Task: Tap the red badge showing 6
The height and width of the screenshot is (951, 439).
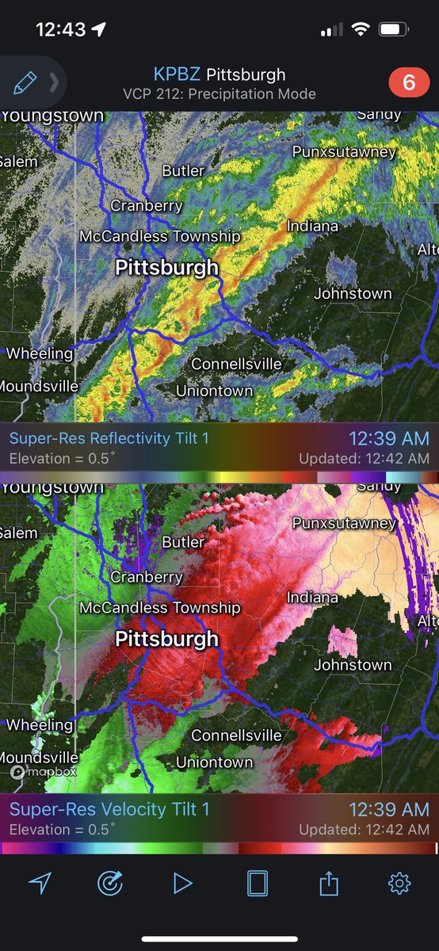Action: point(410,83)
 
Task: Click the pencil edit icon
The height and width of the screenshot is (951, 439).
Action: point(25,82)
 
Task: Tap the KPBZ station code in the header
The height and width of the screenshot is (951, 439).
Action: point(178,75)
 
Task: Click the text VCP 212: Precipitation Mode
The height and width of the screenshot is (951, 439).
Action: point(219,94)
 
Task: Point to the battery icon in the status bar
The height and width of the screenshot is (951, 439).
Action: point(393,29)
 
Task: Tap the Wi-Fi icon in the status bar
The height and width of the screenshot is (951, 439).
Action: point(361,29)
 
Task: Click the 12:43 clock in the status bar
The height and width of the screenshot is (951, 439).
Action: point(61,29)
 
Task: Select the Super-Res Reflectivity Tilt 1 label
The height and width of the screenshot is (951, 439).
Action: point(109,438)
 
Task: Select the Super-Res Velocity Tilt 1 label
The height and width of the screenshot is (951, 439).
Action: point(109,809)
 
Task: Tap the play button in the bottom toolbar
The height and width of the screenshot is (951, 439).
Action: point(183,883)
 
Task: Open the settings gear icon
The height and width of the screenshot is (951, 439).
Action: point(399,883)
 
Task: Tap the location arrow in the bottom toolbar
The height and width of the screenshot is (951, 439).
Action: point(39,883)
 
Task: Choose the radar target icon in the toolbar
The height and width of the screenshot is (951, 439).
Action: point(111,883)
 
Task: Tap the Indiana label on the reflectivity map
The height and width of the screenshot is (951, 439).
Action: point(312,226)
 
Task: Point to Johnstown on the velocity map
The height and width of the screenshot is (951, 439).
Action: point(353,665)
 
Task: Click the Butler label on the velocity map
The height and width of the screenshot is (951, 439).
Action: point(183,542)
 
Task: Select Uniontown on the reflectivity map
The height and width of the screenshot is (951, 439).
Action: point(214,391)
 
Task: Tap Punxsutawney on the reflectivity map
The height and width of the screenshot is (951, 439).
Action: point(344,151)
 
